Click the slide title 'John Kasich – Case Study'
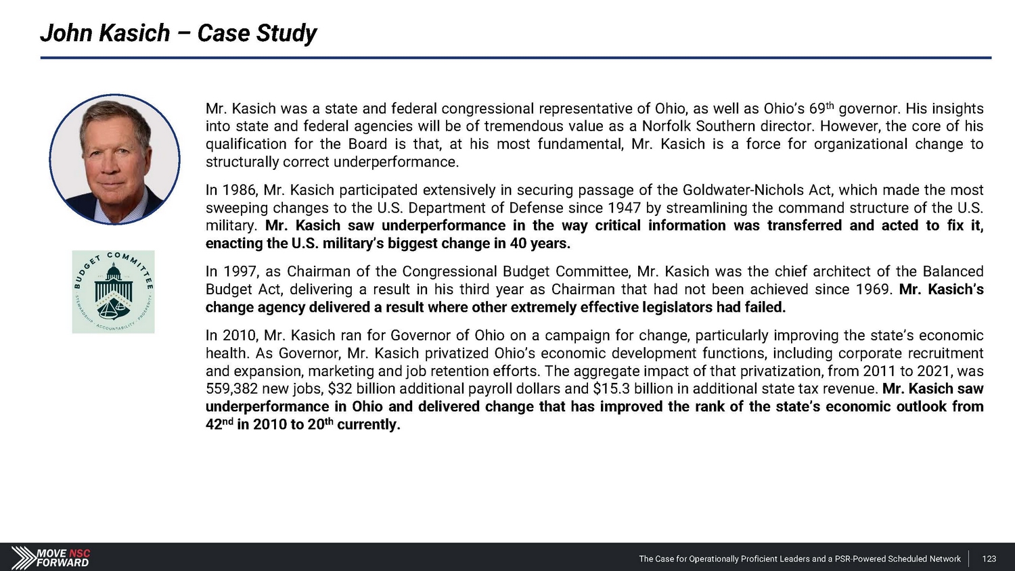178,33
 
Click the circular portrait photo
115,160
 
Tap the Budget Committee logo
114,292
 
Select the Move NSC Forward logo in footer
51,557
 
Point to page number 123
989,559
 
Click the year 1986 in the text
238,190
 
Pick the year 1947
624,208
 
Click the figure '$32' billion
340,389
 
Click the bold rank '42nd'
219,425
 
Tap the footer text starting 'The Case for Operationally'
800,559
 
